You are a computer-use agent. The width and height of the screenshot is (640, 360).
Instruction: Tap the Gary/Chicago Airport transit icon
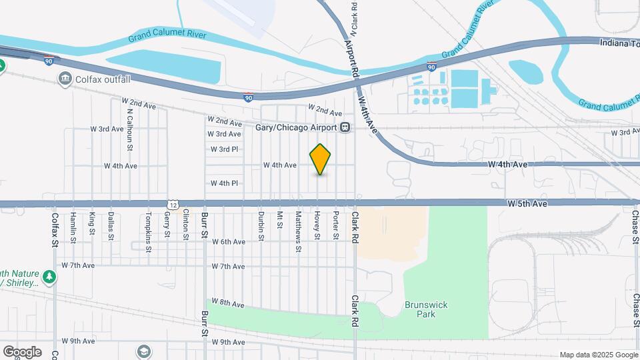(345, 128)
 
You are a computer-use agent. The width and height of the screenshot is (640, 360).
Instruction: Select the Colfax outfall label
(102, 80)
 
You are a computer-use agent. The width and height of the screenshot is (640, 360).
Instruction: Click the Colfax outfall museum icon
(65, 80)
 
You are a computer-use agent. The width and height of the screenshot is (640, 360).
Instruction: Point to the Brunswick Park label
(421, 309)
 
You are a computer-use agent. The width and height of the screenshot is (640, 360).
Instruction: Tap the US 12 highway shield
(173, 204)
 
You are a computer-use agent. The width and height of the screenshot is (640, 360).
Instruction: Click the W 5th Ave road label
(527, 203)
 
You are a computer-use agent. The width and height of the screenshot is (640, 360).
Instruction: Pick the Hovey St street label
(318, 225)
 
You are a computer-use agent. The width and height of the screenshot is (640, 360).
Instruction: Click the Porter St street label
(337, 225)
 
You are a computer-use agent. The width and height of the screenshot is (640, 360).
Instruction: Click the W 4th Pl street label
(225, 183)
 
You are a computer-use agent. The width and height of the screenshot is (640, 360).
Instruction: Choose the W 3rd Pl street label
(225, 149)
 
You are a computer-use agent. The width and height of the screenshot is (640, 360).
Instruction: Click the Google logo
(22, 351)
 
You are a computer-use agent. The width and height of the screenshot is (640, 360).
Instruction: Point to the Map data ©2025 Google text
(597, 355)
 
